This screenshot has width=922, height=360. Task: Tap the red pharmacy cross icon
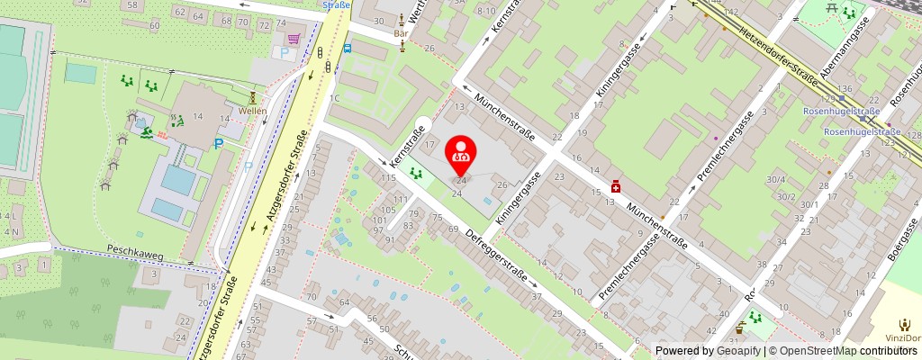point(616,185)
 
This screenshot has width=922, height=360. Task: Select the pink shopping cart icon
point(294,39)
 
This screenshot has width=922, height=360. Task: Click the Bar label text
point(402,33)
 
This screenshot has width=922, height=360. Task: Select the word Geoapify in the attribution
point(737,351)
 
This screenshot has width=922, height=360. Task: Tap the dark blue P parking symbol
point(217,143)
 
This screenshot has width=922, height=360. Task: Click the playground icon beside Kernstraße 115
point(415,172)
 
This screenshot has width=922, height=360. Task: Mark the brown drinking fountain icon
point(741,328)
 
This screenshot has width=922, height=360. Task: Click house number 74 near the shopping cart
point(264,24)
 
